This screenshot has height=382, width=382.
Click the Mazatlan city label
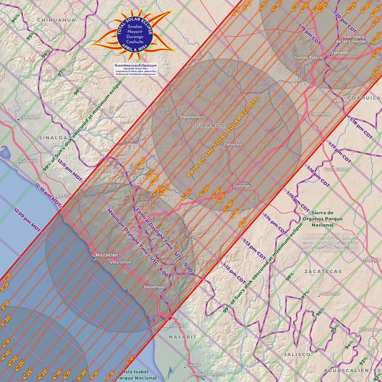(x=105, y=255)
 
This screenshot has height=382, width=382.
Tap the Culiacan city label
(x=28, y=116)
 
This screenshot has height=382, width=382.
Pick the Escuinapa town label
(x=153, y=287)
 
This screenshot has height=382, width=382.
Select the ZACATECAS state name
(x=323, y=272)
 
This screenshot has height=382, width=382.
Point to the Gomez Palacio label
(x=309, y=58)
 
